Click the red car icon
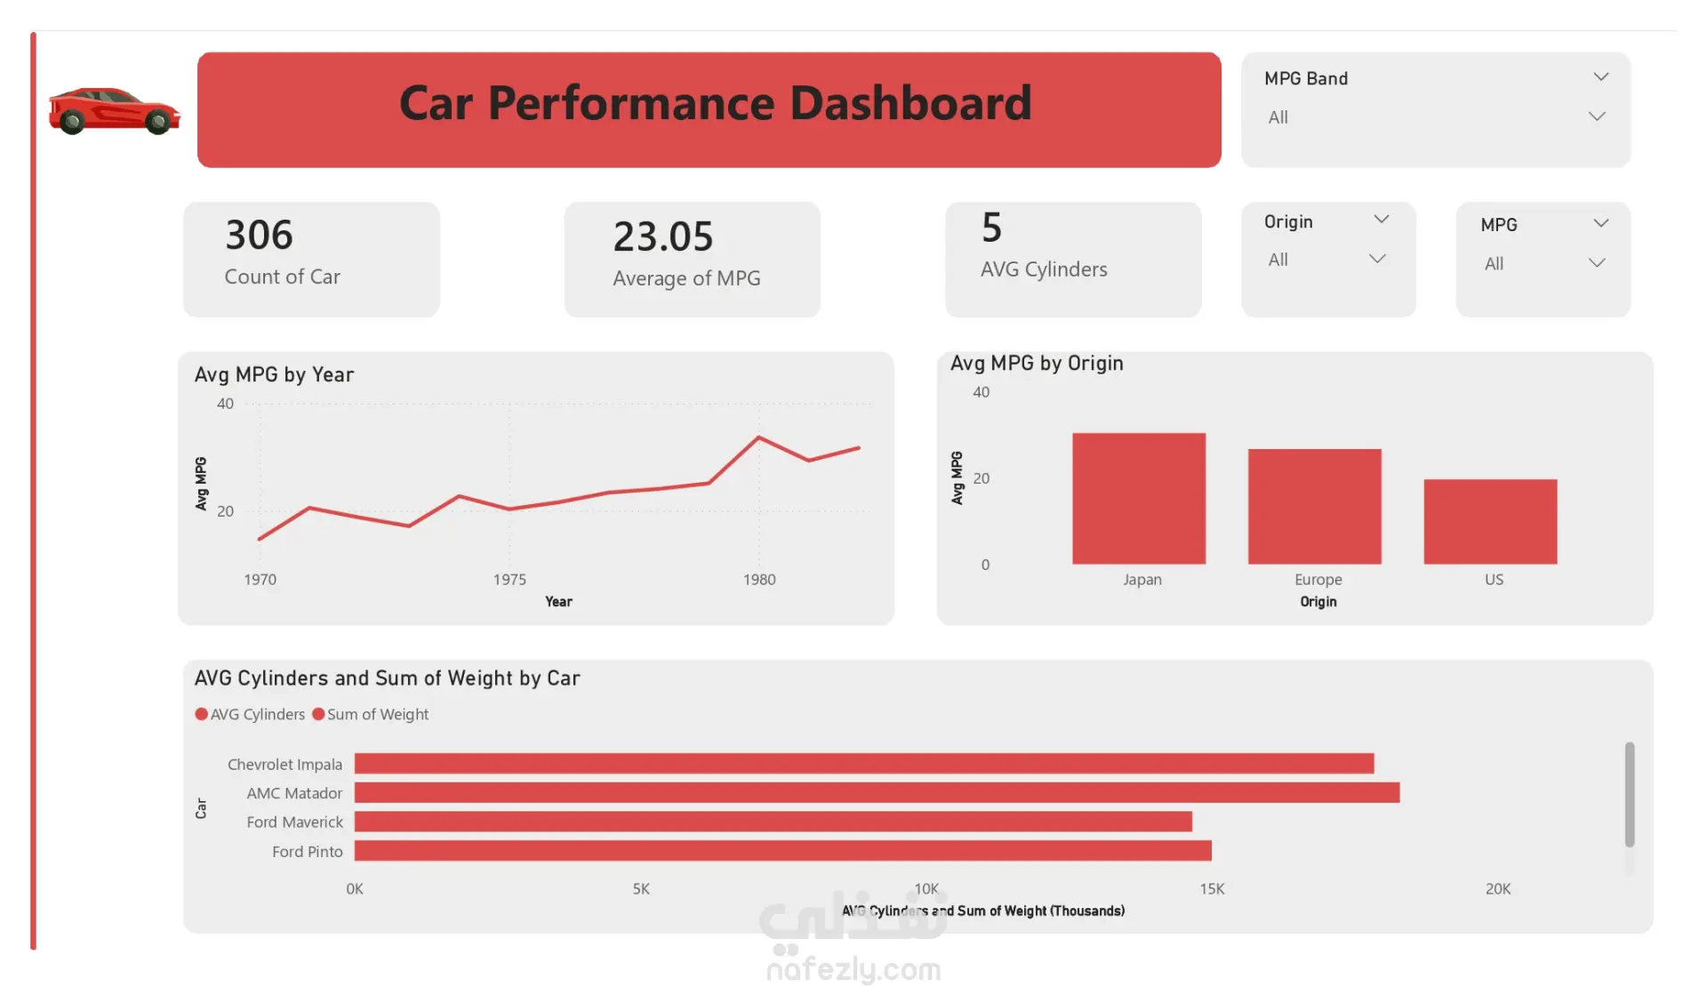coord(114,110)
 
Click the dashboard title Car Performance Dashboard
coord(715,103)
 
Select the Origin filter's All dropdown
coord(1326,260)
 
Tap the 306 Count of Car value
coord(259,236)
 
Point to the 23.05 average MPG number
coord(663,237)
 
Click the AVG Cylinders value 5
coord(991,229)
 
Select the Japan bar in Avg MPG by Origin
coord(1138,498)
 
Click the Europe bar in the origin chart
coord(1314,506)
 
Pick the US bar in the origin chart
coord(1490,521)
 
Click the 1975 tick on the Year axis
coord(509,580)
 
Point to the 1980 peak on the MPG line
coord(758,437)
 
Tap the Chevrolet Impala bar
coord(863,764)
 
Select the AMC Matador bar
coord(877,792)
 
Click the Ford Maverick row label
coord(294,822)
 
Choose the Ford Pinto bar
coord(782,851)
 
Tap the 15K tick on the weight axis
coord(1212,889)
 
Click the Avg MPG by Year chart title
coord(274,375)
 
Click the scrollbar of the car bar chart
coord(1629,794)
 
